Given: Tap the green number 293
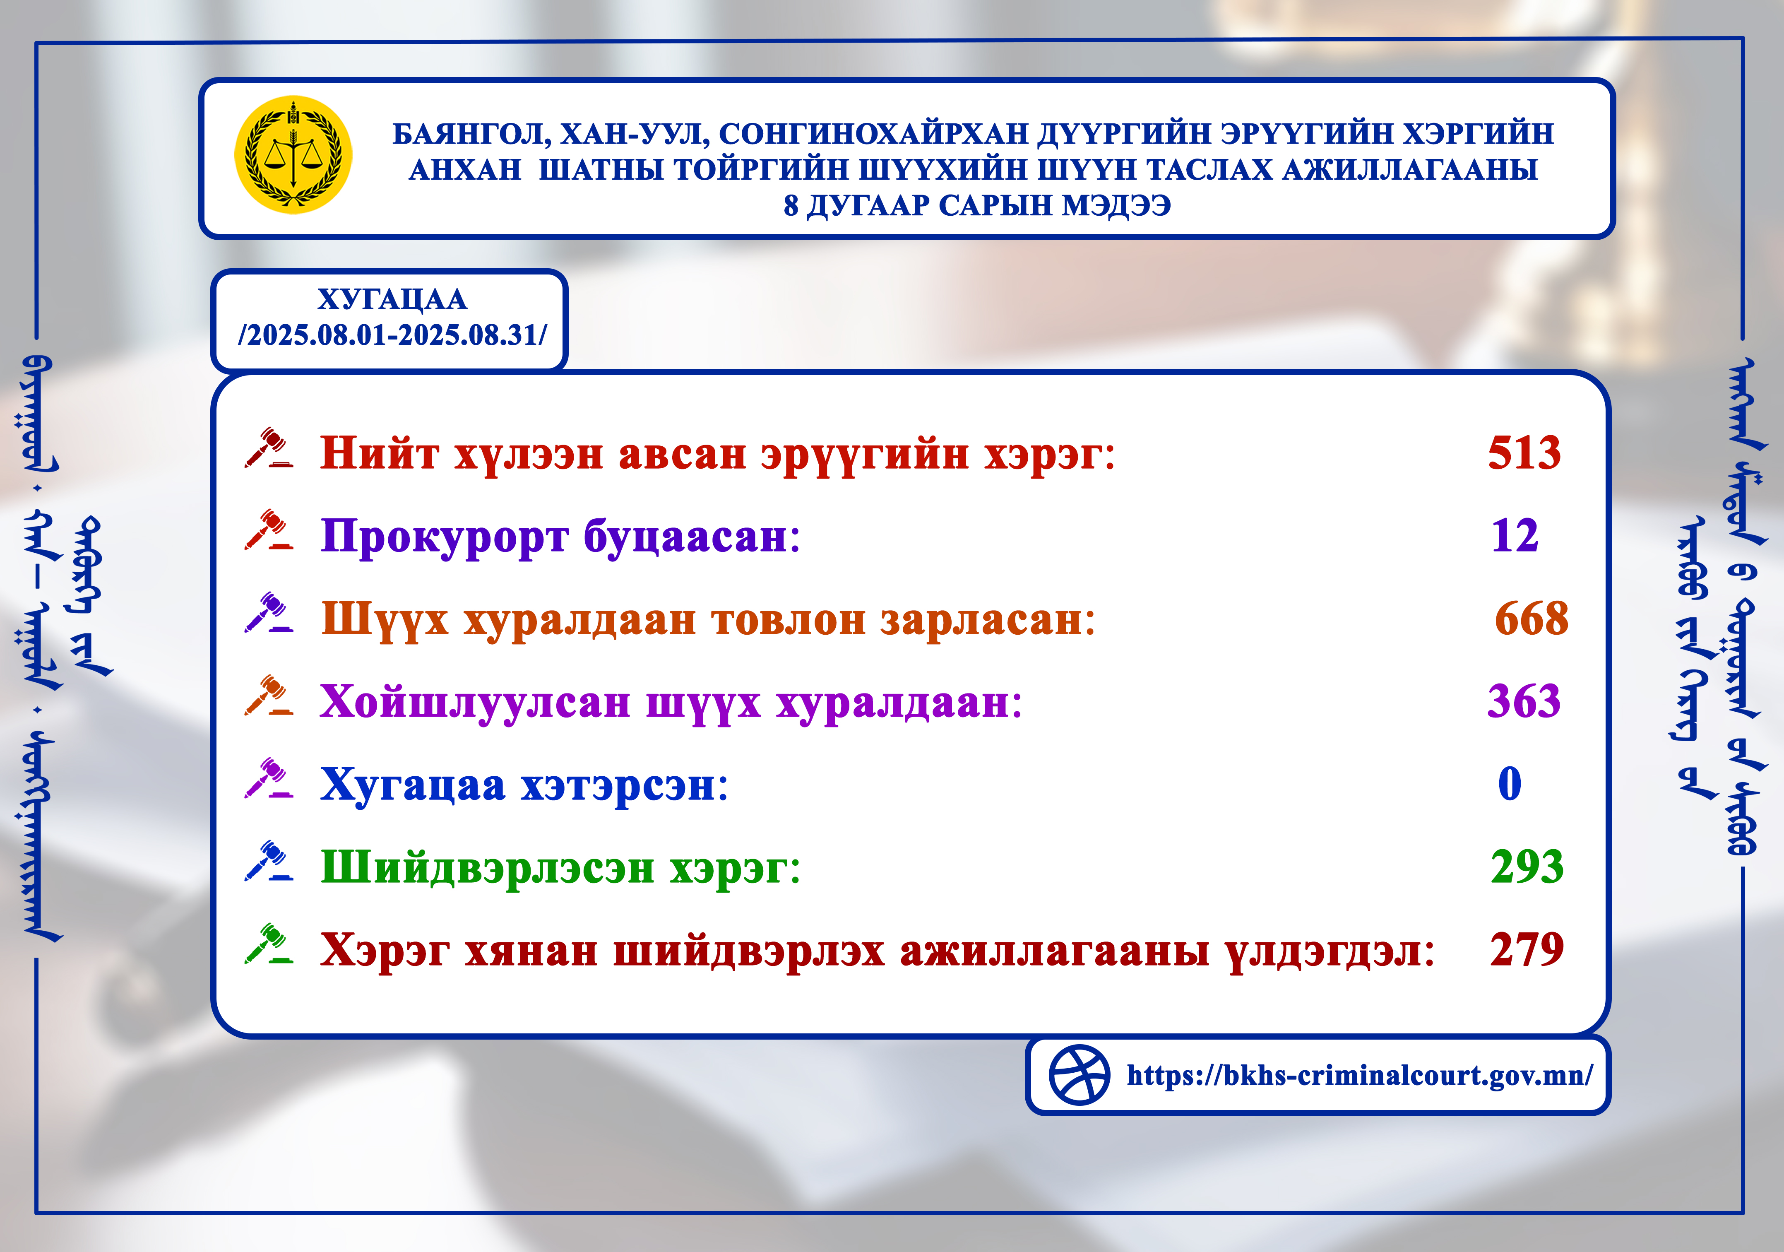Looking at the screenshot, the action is pyautogui.click(x=1527, y=867).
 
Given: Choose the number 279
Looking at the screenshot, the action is pyautogui.click(x=1527, y=949).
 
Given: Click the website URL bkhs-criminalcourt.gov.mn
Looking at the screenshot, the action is pyautogui.click(x=1360, y=1076).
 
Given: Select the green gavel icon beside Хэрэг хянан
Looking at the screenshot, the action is pyautogui.click(x=269, y=944).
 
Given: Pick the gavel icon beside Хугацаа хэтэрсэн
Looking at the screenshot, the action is pyautogui.click(x=269, y=779).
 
